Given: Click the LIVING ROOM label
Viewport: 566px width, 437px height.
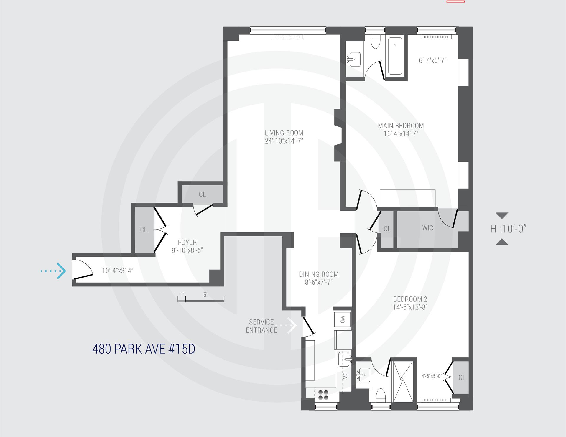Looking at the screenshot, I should point(284,133).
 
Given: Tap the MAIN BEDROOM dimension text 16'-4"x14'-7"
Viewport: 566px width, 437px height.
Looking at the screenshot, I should point(401,134).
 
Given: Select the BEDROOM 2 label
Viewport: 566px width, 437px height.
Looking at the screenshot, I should point(410,299).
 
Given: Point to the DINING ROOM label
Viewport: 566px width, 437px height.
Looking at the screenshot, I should point(319,274).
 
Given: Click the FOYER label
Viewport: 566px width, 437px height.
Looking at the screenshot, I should point(187,242).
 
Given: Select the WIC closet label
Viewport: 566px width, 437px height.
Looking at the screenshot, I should point(427,228).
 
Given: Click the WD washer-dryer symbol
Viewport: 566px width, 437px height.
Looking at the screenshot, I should point(342,320).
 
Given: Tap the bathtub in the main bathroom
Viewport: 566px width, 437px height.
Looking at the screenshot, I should point(395,56).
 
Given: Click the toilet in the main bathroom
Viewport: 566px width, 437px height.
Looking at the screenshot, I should point(375,43).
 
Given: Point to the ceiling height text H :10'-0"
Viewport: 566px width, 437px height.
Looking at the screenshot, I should point(508,229).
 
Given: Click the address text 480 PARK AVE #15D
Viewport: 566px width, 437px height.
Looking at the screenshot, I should point(144,349).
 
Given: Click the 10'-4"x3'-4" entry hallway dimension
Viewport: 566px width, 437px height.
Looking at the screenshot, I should point(118,271).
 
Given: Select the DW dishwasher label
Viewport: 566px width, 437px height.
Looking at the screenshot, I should point(345,376).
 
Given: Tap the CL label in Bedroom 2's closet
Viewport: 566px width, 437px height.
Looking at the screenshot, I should point(462,377).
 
